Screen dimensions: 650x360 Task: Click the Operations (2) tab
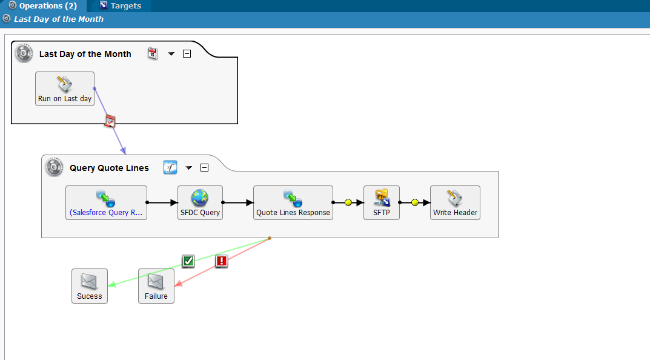click(43, 6)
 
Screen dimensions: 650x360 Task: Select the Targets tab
click(121, 6)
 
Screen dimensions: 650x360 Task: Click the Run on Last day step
click(65, 88)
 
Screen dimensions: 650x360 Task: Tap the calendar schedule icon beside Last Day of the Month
click(153, 53)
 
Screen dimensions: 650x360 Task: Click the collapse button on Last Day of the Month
click(187, 54)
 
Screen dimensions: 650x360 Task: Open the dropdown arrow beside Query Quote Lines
click(188, 168)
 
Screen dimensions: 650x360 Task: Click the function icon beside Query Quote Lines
click(170, 167)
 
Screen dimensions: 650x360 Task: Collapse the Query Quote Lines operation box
click(204, 167)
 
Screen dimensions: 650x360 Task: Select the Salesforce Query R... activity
click(106, 202)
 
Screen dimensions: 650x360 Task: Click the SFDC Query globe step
click(200, 202)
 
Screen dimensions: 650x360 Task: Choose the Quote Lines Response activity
click(293, 202)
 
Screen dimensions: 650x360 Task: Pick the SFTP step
click(382, 202)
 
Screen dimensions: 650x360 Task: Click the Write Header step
click(455, 202)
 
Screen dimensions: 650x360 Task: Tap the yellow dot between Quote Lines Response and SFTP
click(348, 202)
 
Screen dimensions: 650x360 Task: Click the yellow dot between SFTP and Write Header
click(414, 202)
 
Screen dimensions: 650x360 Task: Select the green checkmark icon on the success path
click(188, 261)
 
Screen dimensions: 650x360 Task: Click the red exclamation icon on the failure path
click(222, 261)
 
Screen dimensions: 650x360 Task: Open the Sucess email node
click(90, 286)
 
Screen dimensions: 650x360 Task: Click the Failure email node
click(156, 286)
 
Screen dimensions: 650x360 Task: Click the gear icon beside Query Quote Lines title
click(54, 167)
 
